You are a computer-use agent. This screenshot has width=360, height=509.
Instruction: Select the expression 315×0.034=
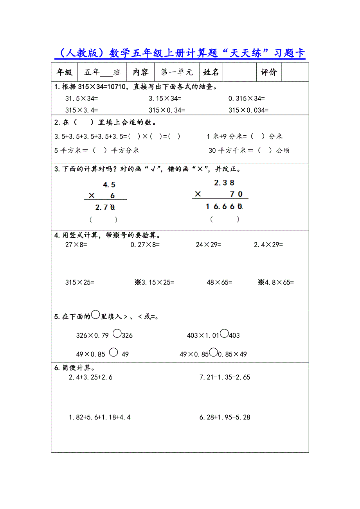(x=248, y=110)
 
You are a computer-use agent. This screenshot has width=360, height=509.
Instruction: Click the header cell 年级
(x=65, y=72)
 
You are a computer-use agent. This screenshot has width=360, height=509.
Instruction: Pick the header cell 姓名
(x=211, y=72)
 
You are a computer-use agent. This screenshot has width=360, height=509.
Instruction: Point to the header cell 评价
(x=269, y=72)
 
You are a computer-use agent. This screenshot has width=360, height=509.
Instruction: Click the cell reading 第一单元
(x=177, y=72)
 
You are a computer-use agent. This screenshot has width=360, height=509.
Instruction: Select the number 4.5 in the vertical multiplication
(x=109, y=185)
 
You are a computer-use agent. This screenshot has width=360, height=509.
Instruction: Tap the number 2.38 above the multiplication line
(x=224, y=183)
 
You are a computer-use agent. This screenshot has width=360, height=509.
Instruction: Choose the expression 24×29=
(x=209, y=245)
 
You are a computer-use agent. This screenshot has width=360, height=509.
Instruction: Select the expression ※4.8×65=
(x=276, y=282)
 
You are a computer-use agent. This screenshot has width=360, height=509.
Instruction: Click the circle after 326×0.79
(x=117, y=333)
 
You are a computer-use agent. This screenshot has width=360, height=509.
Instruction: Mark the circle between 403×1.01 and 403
(x=224, y=333)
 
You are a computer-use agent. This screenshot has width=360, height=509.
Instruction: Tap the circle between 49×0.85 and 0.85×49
(x=213, y=352)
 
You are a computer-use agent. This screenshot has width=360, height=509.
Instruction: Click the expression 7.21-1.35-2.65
(x=225, y=377)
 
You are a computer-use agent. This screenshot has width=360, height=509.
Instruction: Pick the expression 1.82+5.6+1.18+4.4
(x=100, y=417)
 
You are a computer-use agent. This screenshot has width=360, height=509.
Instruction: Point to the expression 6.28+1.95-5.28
(x=225, y=417)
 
